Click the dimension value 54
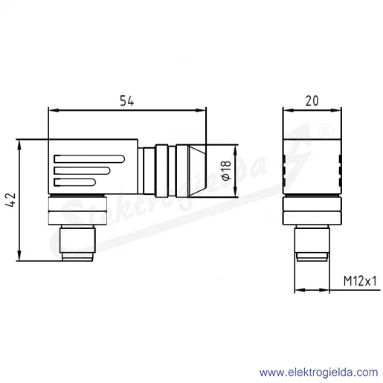126,100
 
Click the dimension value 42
10,200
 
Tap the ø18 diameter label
227,170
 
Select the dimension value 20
312,100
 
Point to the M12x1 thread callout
360,281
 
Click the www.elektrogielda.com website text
319,372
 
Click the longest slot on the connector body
89,159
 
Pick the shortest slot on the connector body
74,182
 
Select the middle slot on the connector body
82,170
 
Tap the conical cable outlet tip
197,171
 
